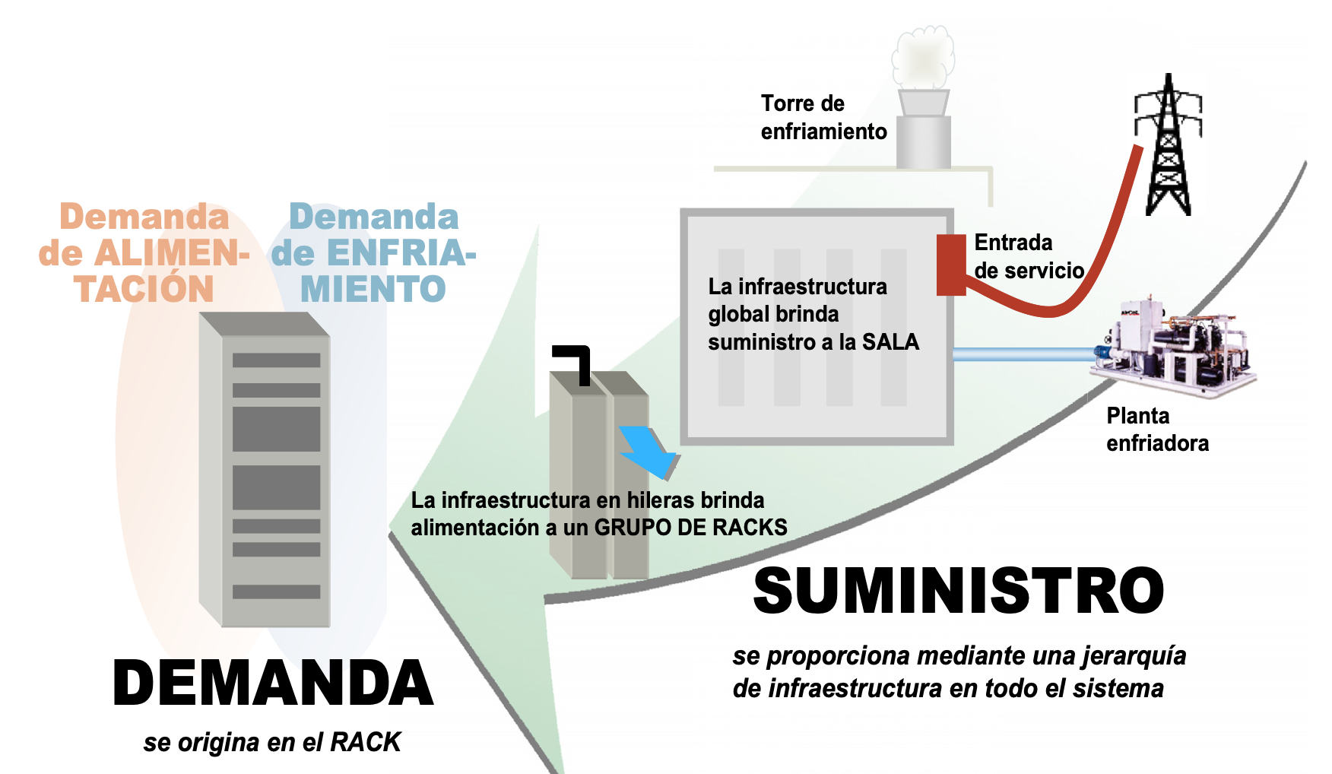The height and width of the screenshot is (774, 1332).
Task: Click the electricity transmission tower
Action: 1168,144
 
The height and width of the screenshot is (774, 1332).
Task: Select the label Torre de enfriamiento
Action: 823,117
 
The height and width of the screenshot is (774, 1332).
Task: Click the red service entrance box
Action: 950,264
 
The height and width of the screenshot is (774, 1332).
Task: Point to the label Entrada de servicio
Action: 1029,256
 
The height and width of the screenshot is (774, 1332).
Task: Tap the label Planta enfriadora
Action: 1156,430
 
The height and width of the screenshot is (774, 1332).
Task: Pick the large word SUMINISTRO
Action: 958,592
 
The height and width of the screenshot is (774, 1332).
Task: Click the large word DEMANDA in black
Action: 273,683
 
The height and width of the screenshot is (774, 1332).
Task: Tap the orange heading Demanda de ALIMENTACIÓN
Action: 144,253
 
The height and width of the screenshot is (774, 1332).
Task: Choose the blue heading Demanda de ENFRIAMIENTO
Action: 373,253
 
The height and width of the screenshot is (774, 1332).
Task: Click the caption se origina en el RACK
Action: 271,742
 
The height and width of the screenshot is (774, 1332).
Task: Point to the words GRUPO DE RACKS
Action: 690,527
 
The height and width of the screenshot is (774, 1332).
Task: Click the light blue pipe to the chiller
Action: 1023,354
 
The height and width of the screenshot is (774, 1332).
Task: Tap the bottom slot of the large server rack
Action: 276,592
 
